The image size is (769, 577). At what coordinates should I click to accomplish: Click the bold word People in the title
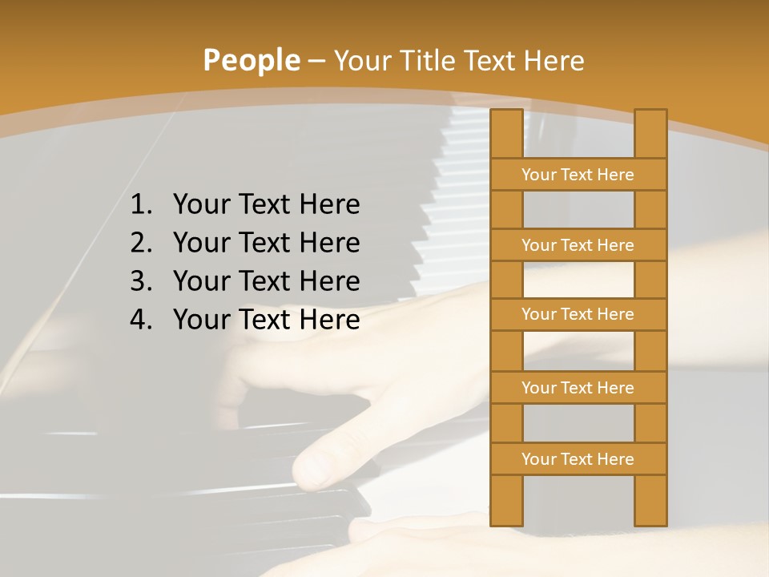pyautogui.click(x=251, y=61)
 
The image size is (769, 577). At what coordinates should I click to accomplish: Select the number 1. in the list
pyautogui.click(x=141, y=205)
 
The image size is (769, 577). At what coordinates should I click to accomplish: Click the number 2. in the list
pyautogui.click(x=141, y=243)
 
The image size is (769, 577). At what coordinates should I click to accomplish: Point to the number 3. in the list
pyautogui.click(x=141, y=281)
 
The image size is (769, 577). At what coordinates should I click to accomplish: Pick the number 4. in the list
pyautogui.click(x=141, y=320)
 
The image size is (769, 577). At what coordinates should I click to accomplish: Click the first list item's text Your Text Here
pyautogui.click(x=266, y=205)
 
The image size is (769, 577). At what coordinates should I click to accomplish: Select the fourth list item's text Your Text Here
pyautogui.click(x=266, y=320)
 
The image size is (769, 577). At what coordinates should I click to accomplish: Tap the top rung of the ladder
pyautogui.click(x=578, y=175)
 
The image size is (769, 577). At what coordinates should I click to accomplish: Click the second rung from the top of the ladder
pyautogui.click(x=578, y=245)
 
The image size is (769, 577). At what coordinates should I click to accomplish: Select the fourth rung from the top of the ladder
pyautogui.click(x=578, y=388)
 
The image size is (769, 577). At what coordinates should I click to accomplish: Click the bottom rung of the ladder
pyautogui.click(x=578, y=459)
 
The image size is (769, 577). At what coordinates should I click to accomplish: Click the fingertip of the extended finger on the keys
pyautogui.click(x=308, y=473)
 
